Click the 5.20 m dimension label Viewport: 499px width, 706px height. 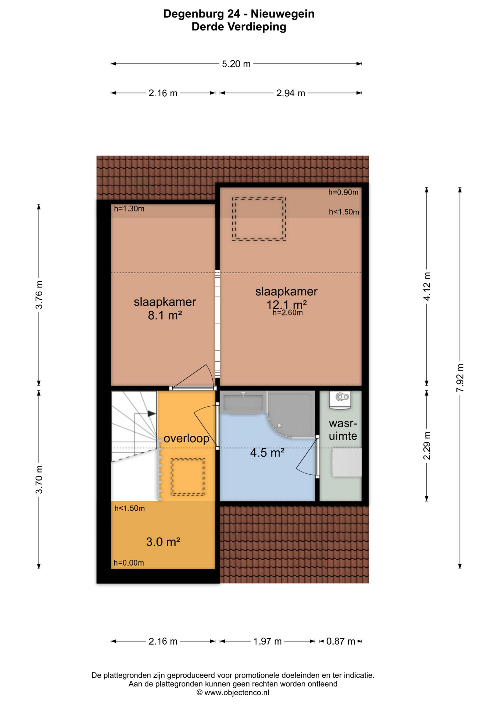(x=236, y=64)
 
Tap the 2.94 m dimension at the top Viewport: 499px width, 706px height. (x=290, y=93)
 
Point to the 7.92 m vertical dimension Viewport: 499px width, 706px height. (x=460, y=378)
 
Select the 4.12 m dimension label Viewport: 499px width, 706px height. (x=427, y=286)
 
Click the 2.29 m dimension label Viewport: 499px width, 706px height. (x=427, y=446)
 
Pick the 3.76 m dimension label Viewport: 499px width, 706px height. (x=39, y=295)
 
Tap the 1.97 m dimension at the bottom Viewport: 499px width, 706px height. (x=267, y=641)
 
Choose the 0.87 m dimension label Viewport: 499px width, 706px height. (x=341, y=641)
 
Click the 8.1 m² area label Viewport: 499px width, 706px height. (x=165, y=315)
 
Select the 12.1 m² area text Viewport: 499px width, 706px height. (x=287, y=304)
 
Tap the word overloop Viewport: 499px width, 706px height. (x=186, y=438)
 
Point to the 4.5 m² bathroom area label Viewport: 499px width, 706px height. (x=267, y=452)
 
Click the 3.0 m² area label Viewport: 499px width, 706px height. (x=163, y=542)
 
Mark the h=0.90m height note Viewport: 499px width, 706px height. (x=343, y=192)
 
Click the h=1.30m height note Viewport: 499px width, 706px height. (x=129, y=209)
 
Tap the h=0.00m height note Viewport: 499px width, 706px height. (x=129, y=563)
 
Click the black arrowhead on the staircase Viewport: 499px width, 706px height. (x=151, y=414)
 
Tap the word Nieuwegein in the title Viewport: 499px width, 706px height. (x=283, y=14)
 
